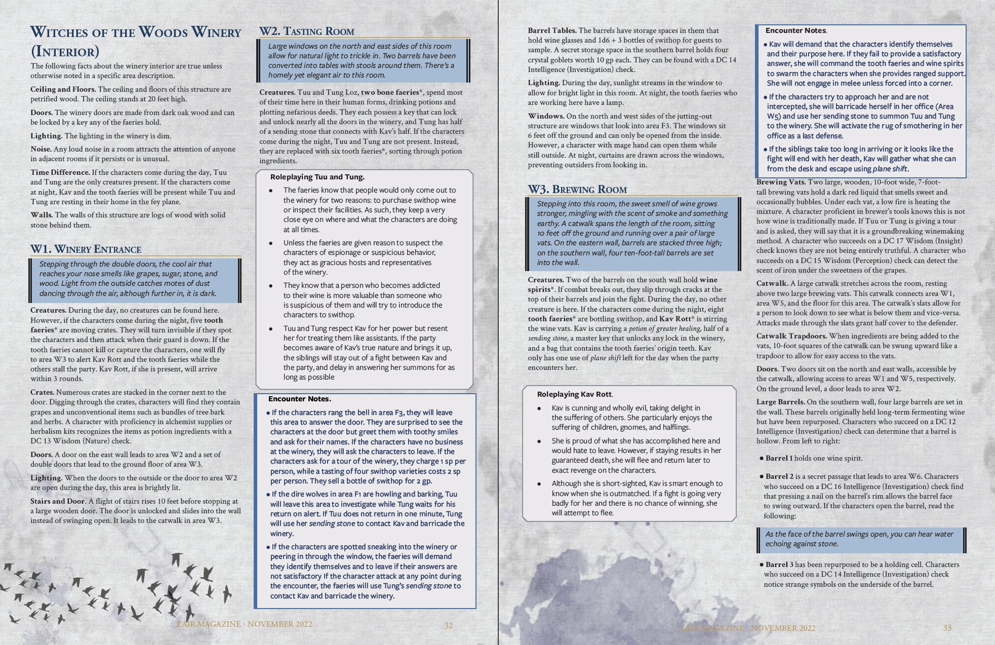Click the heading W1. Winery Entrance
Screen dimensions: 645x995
pos(86,249)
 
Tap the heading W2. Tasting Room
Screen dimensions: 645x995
pos(306,31)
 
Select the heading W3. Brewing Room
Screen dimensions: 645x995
pos(577,189)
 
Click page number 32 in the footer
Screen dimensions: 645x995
pos(448,626)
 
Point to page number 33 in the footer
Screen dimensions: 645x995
pos(947,628)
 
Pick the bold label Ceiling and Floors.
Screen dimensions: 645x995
pos(63,89)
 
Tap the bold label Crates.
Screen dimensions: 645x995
pos(42,392)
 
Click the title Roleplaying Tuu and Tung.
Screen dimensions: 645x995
pos(317,177)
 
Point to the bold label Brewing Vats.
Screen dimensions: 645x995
pos(780,182)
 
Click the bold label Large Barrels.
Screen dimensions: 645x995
pos(780,402)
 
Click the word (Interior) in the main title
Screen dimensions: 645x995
pos(65,52)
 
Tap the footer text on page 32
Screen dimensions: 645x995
pos(245,624)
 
